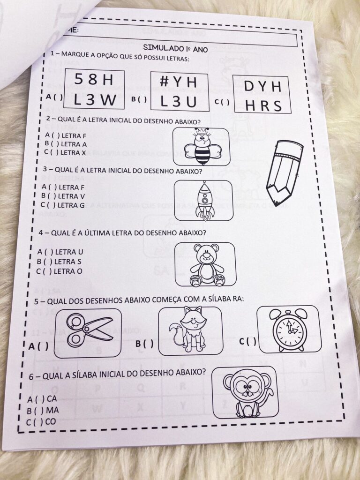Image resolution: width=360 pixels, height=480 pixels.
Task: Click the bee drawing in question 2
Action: point(202,146)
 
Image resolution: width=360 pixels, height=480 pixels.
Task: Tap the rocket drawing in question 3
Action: point(204,200)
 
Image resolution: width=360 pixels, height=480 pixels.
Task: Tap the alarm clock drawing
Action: point(289,329)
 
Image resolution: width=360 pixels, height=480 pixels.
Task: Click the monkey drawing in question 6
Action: point(245,392)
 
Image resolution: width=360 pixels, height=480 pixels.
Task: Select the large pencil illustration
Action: point(283,171)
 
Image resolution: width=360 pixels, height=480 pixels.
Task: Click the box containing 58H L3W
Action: point(94,89)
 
